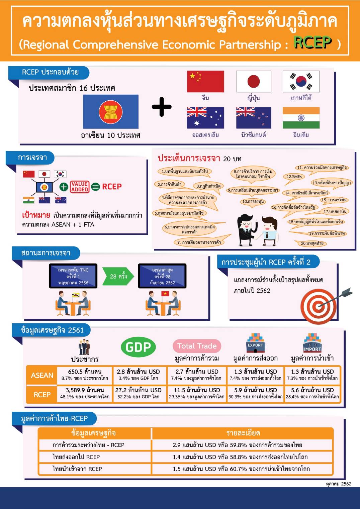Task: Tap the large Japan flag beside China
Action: pos(254,81)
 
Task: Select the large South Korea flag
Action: pos(301,81)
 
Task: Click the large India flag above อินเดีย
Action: pos(301,118)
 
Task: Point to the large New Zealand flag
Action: pos(254,118)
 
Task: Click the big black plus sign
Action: pos(162,107)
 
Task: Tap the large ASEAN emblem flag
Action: pos(111,112)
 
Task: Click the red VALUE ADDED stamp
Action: pos(79,187)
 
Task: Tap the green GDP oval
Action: pos(138,347)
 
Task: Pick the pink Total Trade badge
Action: pos(197,346)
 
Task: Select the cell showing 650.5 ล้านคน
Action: pos(85,375)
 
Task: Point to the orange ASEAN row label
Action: pos(42,375)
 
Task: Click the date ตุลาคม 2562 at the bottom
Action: pos(339,484)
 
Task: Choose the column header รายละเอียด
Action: pos(243,433)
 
